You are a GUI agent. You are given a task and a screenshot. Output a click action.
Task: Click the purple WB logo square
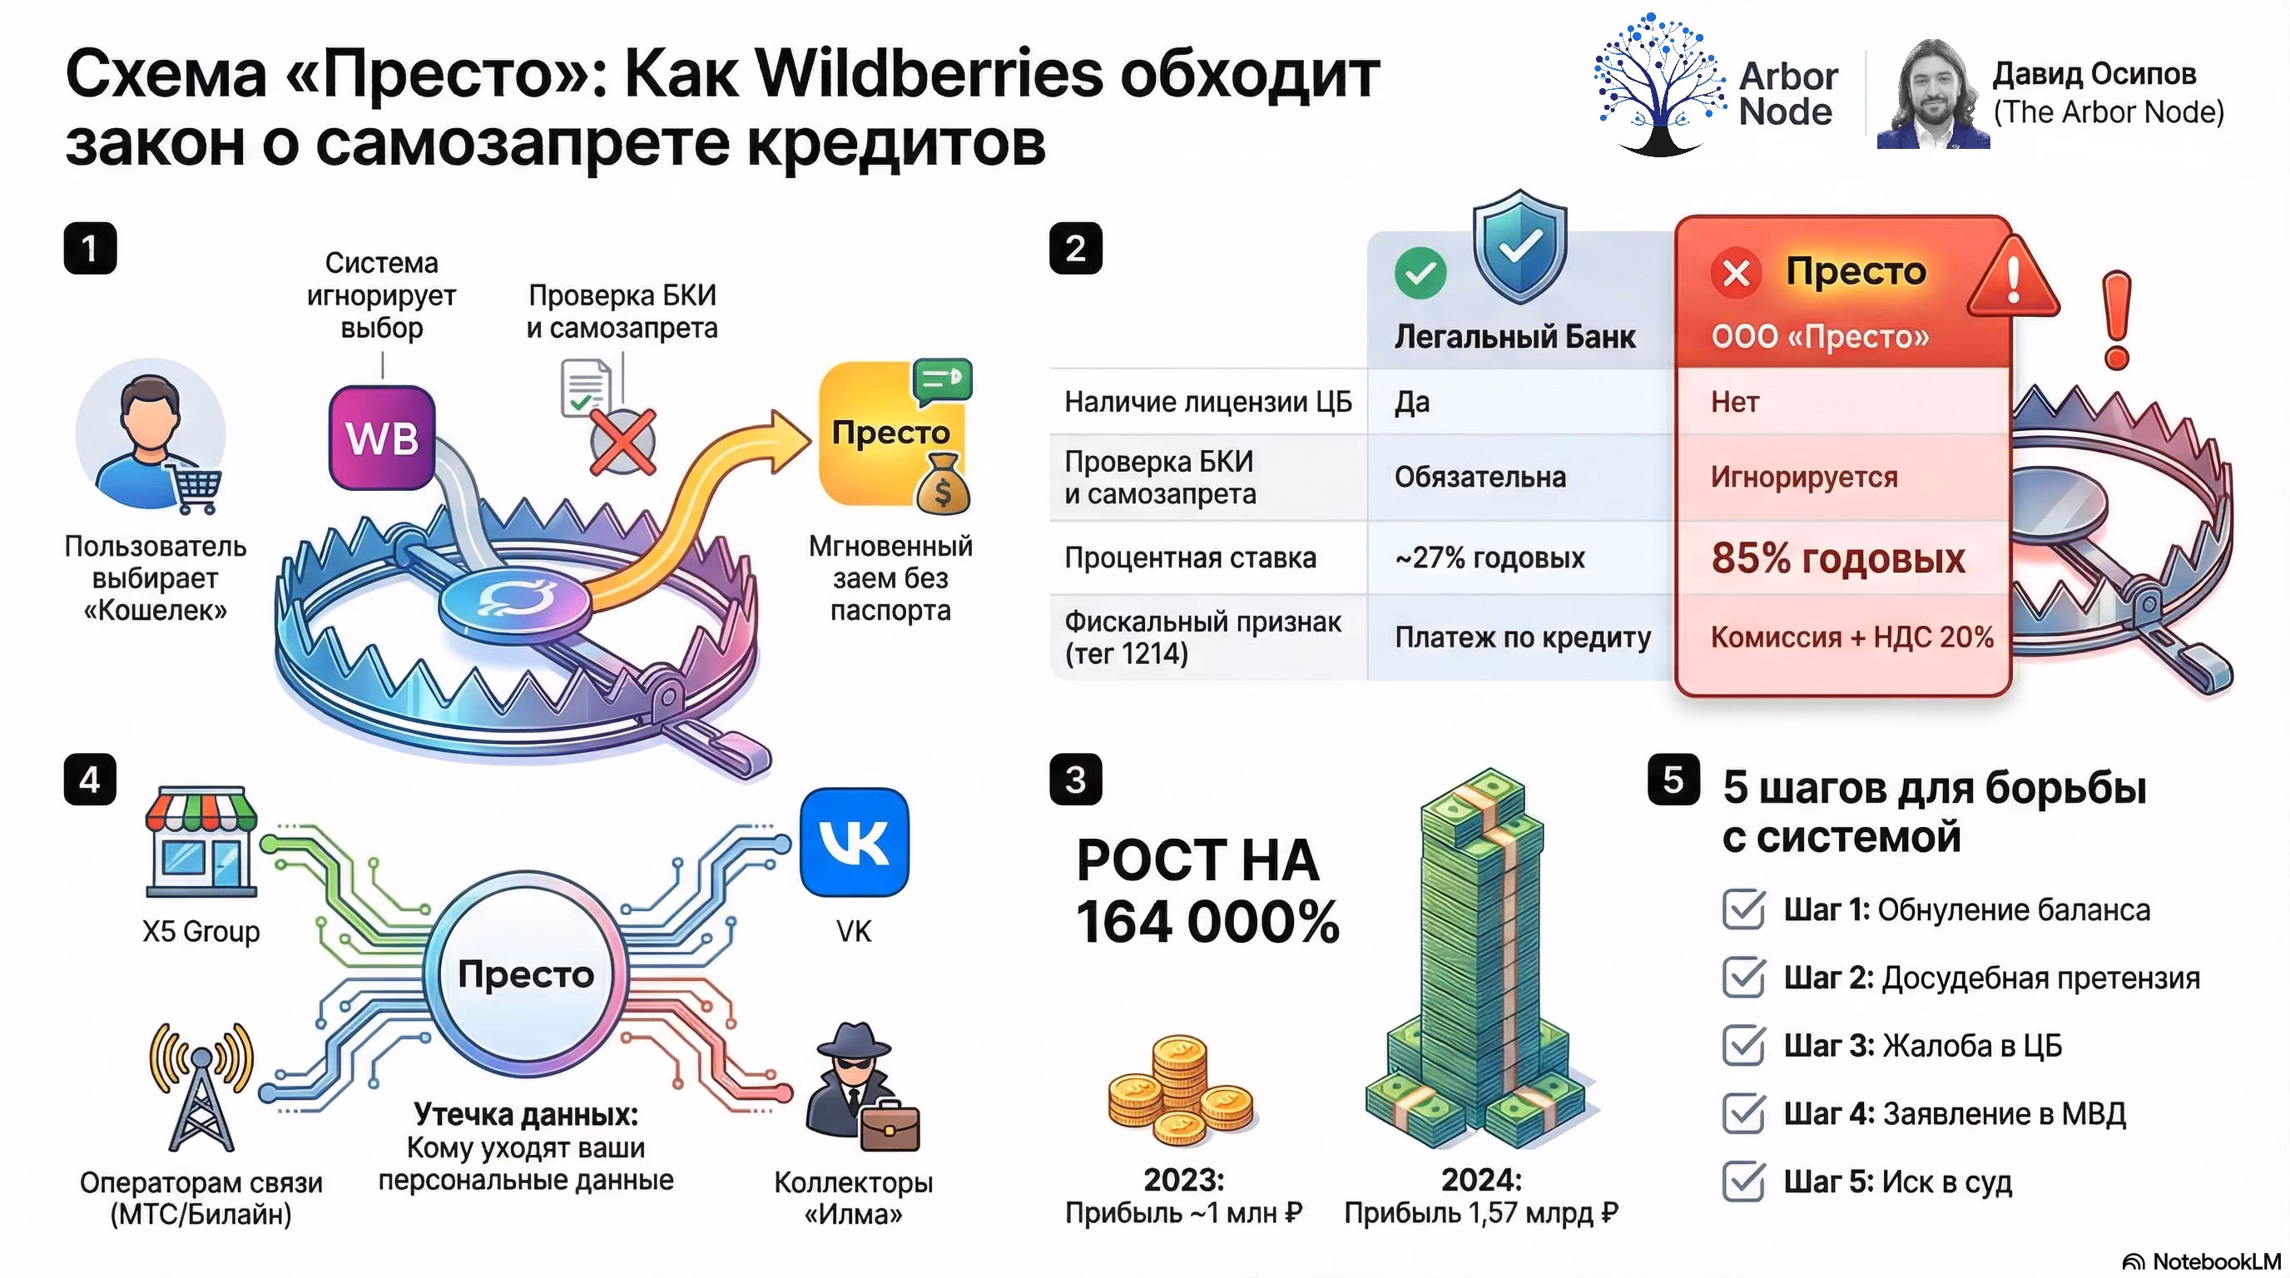pyautogui.click(x=382, y=438)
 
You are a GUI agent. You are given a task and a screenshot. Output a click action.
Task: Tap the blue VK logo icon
pyautogui.click(x=855, y=842)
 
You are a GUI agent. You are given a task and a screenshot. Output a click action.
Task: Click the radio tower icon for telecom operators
pyautogui.click(x=202, y=1086)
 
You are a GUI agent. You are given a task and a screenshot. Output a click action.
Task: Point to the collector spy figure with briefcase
pyautogui.click(x=859, y=1086)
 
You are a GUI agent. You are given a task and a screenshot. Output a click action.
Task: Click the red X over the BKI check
pyautogui.click(x=622, y=442)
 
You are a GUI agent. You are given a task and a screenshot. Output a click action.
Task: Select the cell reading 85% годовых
pyautogui.click(x=1837, y=558)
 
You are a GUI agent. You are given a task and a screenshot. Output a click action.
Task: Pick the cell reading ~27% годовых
pyautogui.click(x=1490, y=558)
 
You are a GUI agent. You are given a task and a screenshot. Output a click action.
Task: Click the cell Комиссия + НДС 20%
pyautogui.click(x=1851, y=637)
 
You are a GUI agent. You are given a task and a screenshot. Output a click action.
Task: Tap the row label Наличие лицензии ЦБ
pyautogui.click(x=1207, y=403)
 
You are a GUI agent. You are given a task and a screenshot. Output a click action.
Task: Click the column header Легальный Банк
pyautogui.click(x=1514, y=337)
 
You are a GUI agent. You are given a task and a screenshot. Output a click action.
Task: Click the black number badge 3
pyautogui.click(x=1076, y=780)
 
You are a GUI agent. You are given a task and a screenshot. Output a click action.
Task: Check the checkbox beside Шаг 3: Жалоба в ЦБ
pyautogui.click(x=1743, y=1045)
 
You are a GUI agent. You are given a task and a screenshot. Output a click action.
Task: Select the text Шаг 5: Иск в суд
pyautogui.click(x=1897, y=1181)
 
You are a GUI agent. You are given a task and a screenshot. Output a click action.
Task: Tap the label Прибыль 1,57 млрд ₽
pyautogui.click(x=1481, y=1213)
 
